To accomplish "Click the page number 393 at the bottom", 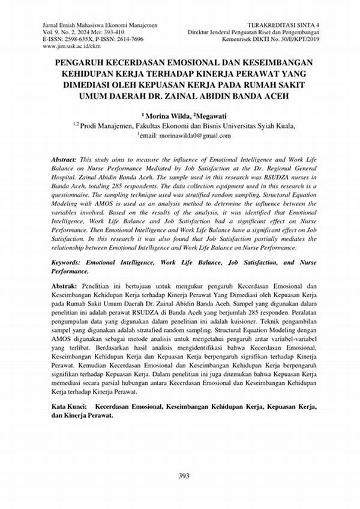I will tap(184, 476).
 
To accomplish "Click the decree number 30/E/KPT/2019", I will tap(299, 38).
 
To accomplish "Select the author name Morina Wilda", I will tap(164, 115).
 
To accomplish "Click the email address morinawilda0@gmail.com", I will tap(195, 136).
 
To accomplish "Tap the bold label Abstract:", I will tap(63, 161).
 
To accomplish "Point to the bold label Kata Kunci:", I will tap(67, 407).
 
